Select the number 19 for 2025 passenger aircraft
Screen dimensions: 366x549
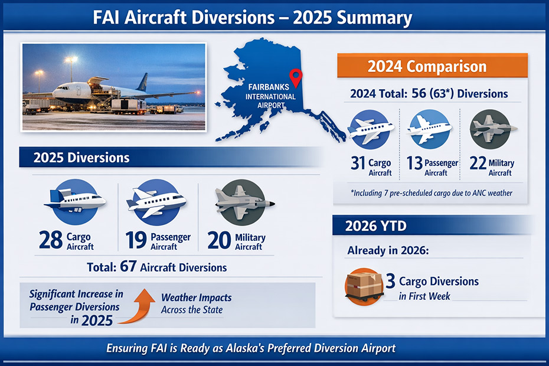136,241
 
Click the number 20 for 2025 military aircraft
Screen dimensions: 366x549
220,241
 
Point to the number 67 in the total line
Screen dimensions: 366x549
128,267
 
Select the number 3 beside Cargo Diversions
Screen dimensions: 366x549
390,282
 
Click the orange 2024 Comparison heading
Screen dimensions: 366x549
427,67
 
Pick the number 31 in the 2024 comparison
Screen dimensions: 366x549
358,164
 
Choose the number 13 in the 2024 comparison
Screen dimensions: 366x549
414,164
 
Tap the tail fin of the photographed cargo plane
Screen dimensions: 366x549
142,83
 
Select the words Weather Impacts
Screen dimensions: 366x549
196,298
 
